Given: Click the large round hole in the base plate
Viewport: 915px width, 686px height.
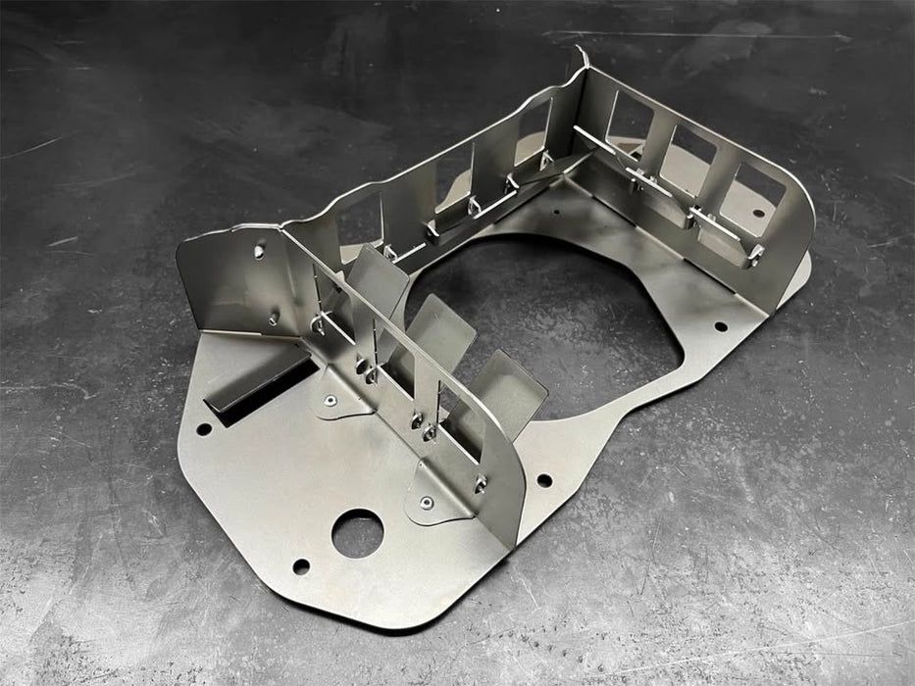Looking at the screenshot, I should [357, 533].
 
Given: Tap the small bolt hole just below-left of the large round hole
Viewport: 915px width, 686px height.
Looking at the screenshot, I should [301, 565].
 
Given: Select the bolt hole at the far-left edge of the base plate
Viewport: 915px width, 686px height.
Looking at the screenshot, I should [203, 428].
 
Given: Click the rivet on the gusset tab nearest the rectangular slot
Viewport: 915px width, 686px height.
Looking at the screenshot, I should [330, 400].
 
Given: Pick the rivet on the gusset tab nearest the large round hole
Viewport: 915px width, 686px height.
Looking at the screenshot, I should [426, 503].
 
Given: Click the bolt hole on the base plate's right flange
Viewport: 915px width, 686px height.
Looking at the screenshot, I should [721, 326].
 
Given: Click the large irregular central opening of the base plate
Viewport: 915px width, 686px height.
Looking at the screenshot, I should [549, 314].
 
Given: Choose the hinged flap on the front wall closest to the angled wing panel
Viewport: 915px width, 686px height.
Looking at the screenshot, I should [378, 278].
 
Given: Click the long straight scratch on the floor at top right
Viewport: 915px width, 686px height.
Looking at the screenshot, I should [745, 36].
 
